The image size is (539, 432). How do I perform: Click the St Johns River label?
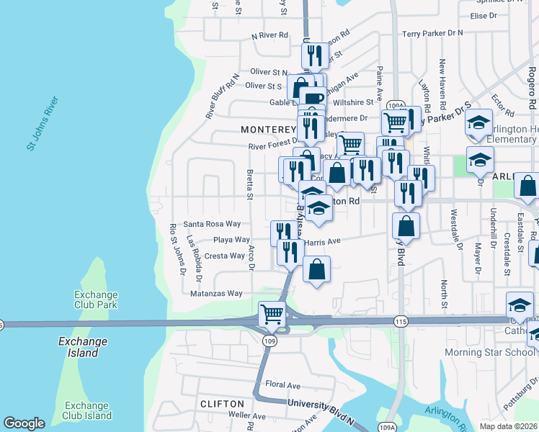click(42, 122)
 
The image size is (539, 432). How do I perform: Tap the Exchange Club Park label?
click(96, 300)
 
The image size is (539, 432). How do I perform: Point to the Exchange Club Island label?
click(86, 410)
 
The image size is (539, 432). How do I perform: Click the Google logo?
click(24, 423)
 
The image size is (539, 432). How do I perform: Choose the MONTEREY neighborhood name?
click(268, 130)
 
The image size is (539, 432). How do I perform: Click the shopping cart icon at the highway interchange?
click(272, 314)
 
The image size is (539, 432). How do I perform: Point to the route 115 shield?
click(401, 320)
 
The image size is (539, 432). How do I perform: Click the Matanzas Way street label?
click(216, 293)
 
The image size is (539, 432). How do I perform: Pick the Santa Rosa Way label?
click(211, 224)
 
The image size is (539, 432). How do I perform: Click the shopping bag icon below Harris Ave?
click(316, 271)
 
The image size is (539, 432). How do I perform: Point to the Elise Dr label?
click(484, 15)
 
